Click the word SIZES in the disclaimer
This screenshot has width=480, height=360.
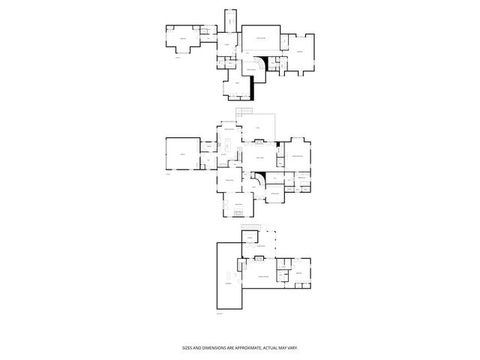point(188,347)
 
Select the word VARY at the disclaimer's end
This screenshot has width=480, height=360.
point(292,347)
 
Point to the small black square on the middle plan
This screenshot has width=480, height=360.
point(277,144)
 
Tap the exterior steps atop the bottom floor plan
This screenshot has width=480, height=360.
point(257,228)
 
